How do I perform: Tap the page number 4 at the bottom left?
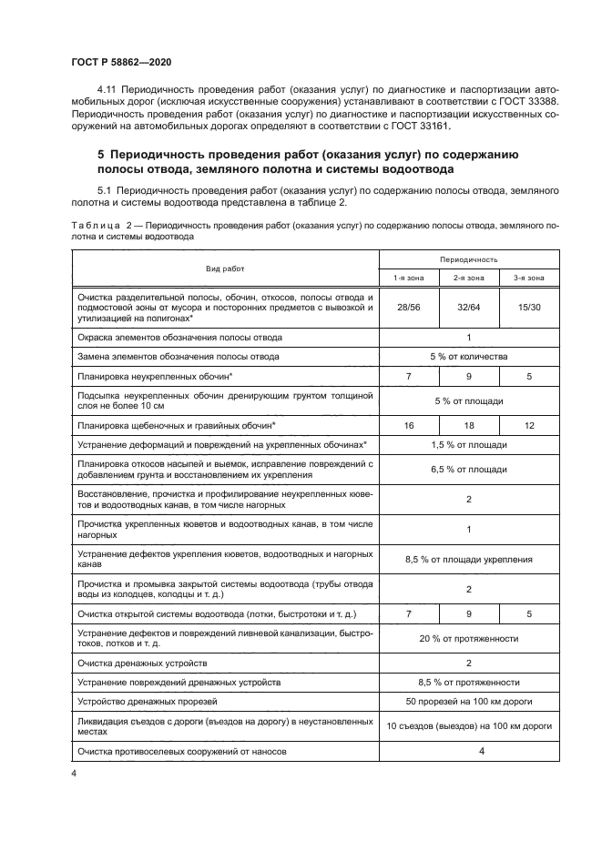(74, 774)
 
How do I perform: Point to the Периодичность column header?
(468, 259)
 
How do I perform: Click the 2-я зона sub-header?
(468, 278)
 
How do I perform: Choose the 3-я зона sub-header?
(528, 278)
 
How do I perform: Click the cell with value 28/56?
(408, 308)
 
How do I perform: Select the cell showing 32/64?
(468, 308)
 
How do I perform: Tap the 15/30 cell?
(528, 308)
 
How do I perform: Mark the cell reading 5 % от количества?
(468, 356)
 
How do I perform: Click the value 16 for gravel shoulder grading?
(408, 424)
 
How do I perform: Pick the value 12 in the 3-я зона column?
(528, 424)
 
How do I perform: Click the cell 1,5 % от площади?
(468, 444)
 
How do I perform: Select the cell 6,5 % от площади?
(468, 470)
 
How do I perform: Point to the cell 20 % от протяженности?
(468, 639)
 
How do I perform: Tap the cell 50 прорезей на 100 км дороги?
(468, 702)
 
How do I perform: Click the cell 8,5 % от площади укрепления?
(468, 559)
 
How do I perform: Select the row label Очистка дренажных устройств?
(148, 664)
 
